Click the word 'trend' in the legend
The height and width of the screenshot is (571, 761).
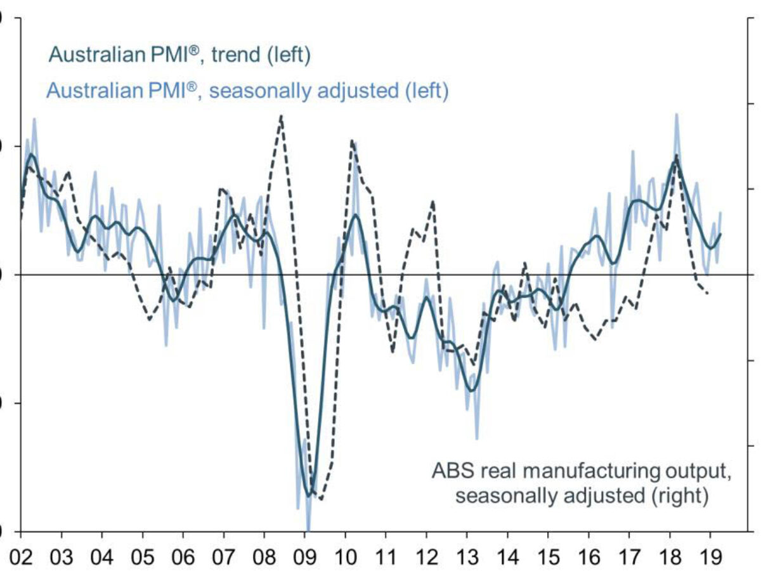[235, 56]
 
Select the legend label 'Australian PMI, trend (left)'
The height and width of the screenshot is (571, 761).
[179, 56]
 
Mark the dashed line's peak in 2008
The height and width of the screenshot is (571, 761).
[281, 115]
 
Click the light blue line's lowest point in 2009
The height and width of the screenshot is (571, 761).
[308, 529]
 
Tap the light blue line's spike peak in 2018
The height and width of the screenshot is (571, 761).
[677, 114]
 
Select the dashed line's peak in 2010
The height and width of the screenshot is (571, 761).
[351, 141]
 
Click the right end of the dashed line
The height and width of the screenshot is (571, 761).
[708, 293]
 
